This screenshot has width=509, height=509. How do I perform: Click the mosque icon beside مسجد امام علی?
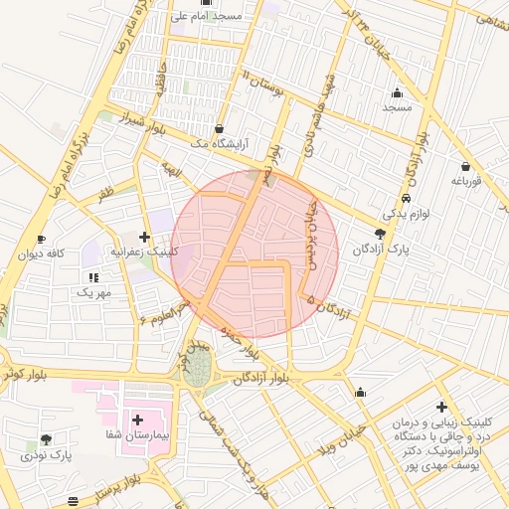click(206, 3)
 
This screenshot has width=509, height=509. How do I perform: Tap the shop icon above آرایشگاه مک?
click(219, 128)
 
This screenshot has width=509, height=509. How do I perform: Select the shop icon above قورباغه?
click(465, 166)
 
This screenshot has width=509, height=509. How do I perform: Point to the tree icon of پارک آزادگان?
click(380, 232)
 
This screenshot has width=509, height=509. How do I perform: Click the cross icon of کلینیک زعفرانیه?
click(146, 237)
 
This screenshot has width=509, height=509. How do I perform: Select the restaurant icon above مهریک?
click(94, 277)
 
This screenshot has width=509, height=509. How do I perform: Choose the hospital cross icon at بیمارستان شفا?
click(136, 421)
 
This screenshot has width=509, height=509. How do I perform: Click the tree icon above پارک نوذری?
click(46, 439)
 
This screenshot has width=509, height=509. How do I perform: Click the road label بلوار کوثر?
click(22, 370)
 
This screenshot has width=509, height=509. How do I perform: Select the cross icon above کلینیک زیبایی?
click(441, 407)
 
